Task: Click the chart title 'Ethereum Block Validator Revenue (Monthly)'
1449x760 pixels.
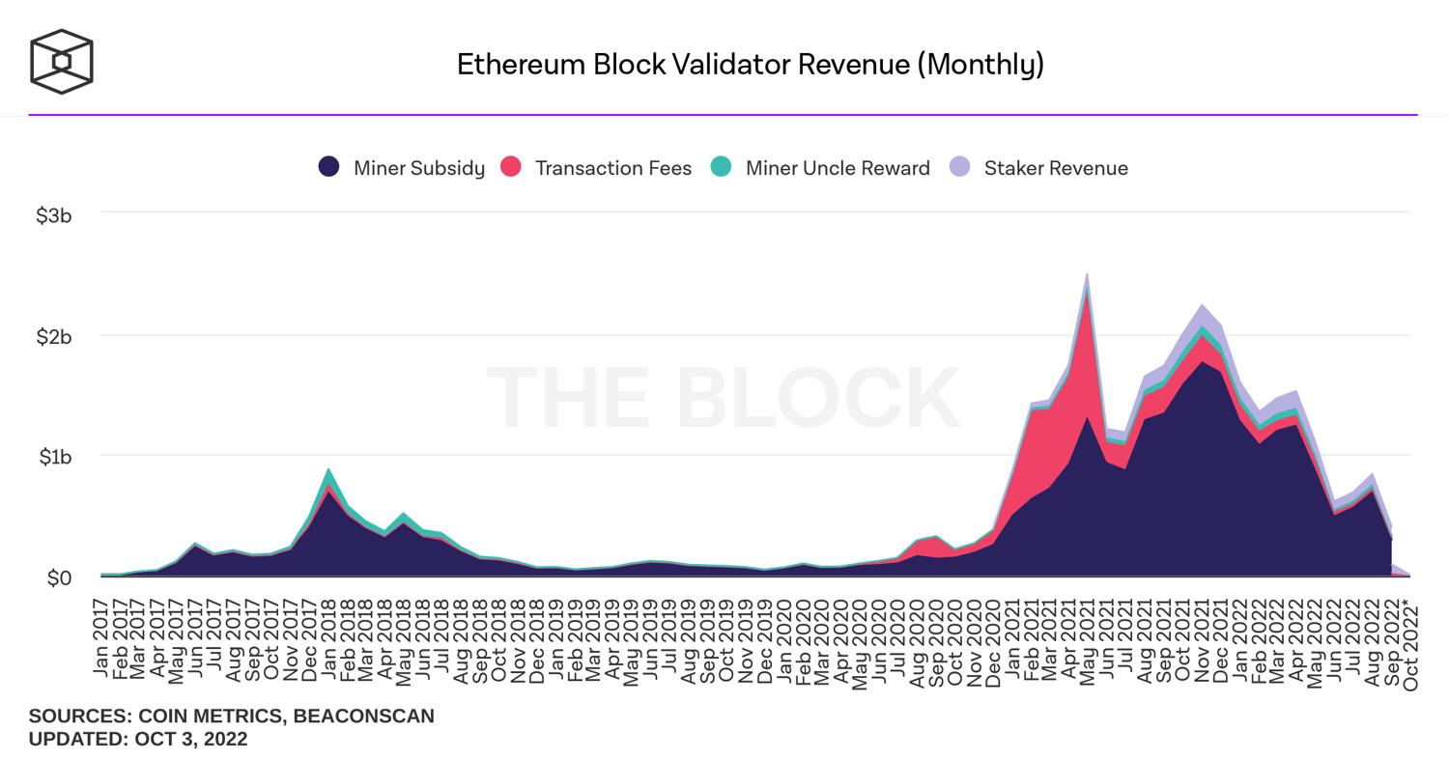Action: point(750,65)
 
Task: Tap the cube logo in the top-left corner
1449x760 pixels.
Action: point(62,62)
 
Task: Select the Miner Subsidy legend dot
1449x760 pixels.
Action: point(328,167)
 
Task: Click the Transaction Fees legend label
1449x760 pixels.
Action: point(612,168)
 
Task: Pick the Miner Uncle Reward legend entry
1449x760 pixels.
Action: point(837,168)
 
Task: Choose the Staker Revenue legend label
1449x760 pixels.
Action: point(1055,168)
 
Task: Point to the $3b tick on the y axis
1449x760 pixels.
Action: point(54,215)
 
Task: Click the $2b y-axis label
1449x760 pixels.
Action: point(54,336)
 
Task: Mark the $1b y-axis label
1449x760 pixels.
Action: point(55,456)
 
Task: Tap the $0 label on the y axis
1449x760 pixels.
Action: point(59,577)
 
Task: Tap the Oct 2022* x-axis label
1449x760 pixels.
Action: point(1411,644)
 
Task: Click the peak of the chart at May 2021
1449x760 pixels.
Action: point(1088,276)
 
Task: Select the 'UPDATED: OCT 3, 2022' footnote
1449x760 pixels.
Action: point(138,739)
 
